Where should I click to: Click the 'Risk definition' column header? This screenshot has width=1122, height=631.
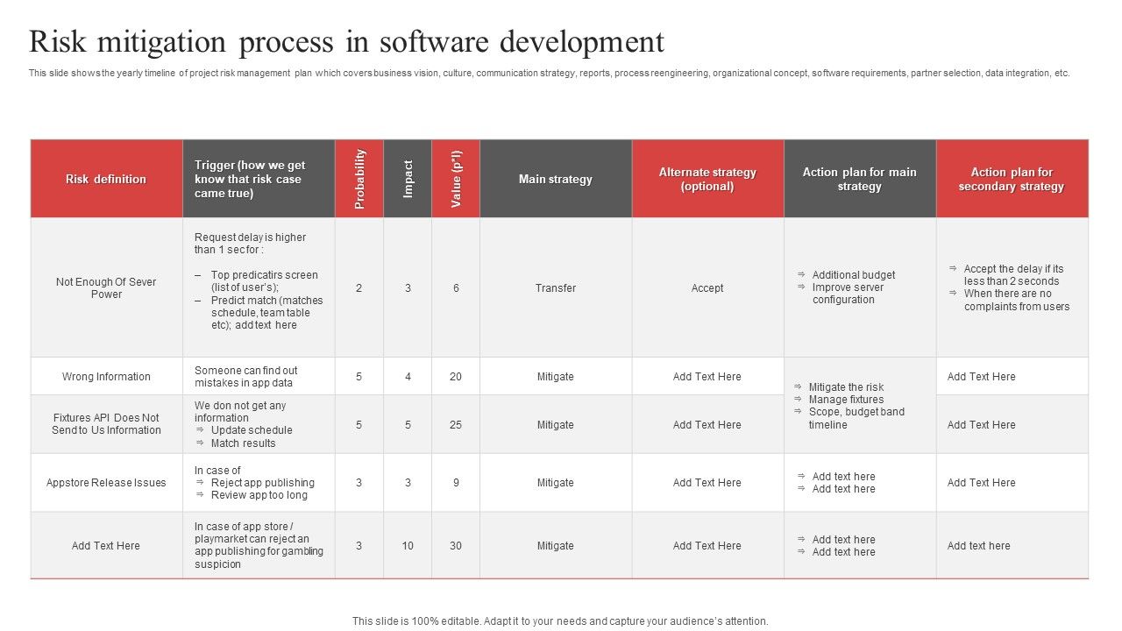coord(106,179)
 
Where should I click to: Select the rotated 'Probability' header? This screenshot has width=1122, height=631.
coord(359,179)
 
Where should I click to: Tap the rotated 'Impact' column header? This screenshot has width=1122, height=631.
coord(408,179)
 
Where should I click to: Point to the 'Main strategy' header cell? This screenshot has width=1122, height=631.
coord(556,179)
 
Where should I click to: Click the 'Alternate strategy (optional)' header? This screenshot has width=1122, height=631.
coord(707,179)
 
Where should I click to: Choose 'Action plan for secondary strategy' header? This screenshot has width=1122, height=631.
coord(1011,179)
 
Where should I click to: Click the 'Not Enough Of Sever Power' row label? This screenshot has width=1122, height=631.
coord(106,287)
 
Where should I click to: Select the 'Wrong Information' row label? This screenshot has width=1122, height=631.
coord(106,377)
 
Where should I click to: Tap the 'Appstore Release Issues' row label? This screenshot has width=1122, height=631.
coord(106,483)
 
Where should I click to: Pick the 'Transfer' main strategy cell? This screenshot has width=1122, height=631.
coord(556,287)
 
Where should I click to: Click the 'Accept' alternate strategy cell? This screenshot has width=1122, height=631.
coord(707,287)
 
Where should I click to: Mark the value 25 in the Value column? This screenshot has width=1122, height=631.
coord(456,425)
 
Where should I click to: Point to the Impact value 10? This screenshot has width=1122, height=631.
coord(408,546)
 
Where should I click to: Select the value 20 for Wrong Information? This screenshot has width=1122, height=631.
coord(456,377)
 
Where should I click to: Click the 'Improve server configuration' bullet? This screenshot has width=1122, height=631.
coord(847,294)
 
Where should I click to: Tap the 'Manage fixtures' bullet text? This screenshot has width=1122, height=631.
coord(846,400)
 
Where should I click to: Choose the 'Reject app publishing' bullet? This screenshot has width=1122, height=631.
coord(262,483)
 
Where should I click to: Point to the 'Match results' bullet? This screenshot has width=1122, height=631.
coord(243,443)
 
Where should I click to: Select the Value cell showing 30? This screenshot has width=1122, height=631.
coord(456,546)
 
